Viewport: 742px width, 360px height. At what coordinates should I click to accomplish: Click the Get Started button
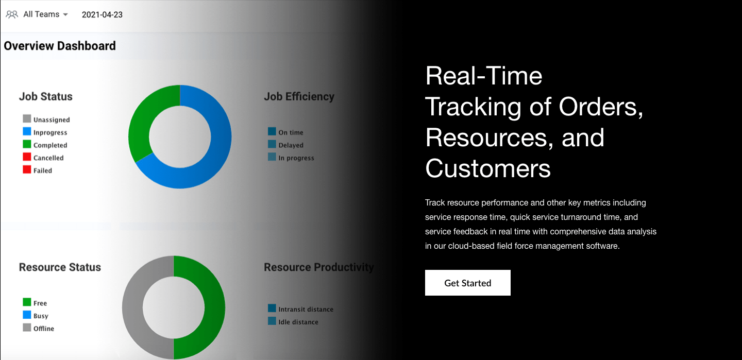click(x=467, y=283)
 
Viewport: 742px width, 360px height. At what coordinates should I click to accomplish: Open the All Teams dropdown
click(x=38, y=14)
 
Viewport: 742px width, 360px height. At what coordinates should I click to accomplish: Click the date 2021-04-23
click(x=102, y=14)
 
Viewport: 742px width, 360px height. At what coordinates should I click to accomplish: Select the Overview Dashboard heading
click(x=60, y=46)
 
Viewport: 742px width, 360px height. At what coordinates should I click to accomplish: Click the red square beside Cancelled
click(x=27, y=157)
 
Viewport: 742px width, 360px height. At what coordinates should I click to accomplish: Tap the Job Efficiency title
click(x=299, y=96)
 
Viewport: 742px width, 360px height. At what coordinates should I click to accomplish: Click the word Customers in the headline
click(x=488, y=168)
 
